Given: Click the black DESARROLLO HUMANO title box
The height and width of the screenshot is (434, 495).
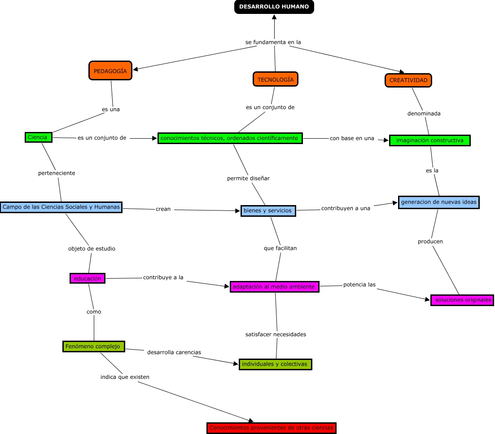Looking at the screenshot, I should (x=274, y=7).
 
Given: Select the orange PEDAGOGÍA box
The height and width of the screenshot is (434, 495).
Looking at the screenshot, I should (x=110, y=71).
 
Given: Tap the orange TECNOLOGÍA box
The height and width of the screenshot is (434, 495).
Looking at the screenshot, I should (x=276, y=79).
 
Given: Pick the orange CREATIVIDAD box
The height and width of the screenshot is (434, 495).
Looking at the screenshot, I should (x=408, y=80).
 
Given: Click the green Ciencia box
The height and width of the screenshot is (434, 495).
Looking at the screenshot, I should (x=38, y=137).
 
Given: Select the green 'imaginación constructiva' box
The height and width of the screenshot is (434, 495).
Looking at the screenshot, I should (x=429, y=140).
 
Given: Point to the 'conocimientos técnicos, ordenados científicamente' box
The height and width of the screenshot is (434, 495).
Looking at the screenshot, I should (x=230, y=138).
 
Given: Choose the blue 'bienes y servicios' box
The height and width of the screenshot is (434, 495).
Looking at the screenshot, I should (x=268, y=210).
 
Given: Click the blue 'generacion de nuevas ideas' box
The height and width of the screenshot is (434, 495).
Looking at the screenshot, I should (x=439, y=202).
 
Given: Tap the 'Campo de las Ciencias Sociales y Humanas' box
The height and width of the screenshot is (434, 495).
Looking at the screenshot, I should (x=61, y=207).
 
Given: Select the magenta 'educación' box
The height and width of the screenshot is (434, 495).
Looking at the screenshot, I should (x=88, y=278).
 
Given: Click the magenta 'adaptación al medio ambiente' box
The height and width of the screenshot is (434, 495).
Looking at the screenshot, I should (x=274, y=287).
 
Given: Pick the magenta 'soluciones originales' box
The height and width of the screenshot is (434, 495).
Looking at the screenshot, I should (x=462, y=300).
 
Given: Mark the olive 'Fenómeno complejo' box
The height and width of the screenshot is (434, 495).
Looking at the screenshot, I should (x=93, y=346).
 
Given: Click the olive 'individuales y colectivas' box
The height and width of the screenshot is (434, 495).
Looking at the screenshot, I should (x=275, y=364).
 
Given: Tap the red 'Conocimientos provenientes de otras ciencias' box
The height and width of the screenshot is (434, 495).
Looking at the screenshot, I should (x=272, y=428).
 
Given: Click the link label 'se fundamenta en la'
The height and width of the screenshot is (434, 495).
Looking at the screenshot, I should (x=273, y=42).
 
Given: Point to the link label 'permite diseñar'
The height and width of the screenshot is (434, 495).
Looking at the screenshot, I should (x=248, y=178).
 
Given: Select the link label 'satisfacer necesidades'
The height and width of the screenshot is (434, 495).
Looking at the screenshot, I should (x=276, y=334).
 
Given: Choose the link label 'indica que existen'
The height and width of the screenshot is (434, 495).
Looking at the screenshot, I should (x=125, y=377).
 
